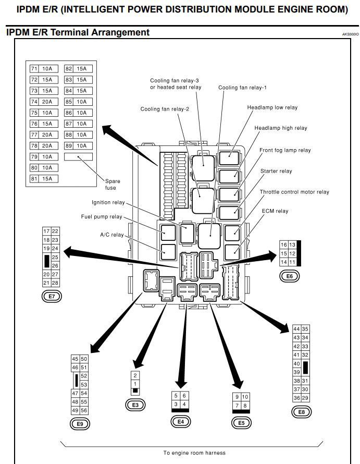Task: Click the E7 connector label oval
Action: pyautogui.click(x=52, y=296)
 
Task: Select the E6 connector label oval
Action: pyautogui.click(x=290, y=276)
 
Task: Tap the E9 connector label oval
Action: pyautogui.click(x=80, y=424)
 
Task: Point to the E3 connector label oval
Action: pyautogui.click(x=135, y=405)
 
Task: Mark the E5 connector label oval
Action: pyautogui.click(x=241, y=422)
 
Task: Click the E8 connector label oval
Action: pyautogui.click(x=301, y=412)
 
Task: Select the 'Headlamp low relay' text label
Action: pyautogui.click(x=272, y=107)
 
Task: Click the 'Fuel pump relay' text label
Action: pyautogui.click(x=101, y=216)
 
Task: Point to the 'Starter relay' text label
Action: pyautogui.click(x=276, y=171)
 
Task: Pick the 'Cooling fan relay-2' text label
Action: pyautogui.click(x=165, y=109)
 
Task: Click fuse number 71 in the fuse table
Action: pyautogui.click(x=34, y=69)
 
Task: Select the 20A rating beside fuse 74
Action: pyautogui.click(x=47, y=102)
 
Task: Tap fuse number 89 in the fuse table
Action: pyautogui.click(x=69, y=146)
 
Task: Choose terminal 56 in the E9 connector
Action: pyautogui.click(x=84, y=410)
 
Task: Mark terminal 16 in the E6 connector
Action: pyautogui.click(x=284, y=245)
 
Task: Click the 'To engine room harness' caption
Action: pyautogui.click(x=194, y=453)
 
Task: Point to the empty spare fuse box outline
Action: pyautogui.click(x=78, y=156)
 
